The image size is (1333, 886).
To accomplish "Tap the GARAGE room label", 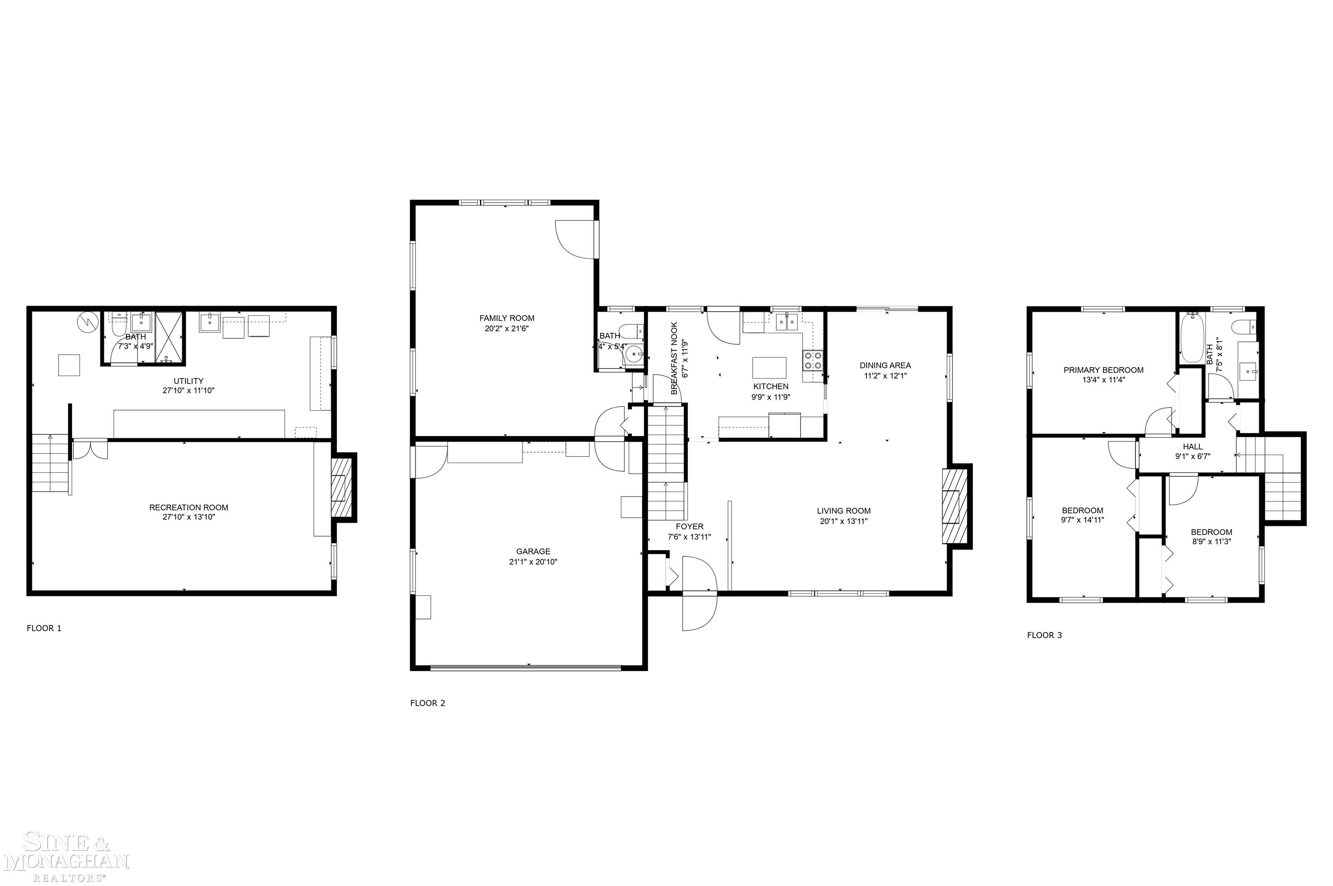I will coord(533,551).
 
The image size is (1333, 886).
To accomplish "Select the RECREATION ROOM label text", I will coord(188,508).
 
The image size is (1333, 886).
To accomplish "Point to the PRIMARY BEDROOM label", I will coord(1103,370).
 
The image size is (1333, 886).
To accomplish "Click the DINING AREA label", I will coord(885,365).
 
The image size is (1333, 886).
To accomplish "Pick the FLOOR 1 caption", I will coord(44,628).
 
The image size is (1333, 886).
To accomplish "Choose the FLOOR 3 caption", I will coord(1044,635).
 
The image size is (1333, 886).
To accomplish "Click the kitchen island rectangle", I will coord(769,368).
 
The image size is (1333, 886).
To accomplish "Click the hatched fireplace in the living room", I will coord(952,506).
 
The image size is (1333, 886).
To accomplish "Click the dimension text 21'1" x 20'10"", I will coord(533,562).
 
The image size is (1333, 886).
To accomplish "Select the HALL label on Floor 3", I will coord(1193,446).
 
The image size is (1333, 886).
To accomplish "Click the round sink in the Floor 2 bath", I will coord(634,354).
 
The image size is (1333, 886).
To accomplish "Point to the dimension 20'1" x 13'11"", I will coord(843,521).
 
